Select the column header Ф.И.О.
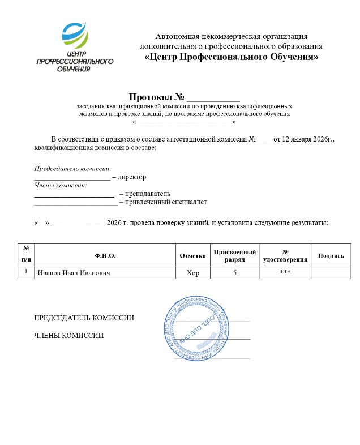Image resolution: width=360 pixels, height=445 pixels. [105, 256]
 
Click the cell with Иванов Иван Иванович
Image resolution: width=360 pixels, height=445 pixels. [74, 273]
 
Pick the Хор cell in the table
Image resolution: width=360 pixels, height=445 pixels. [193, 273]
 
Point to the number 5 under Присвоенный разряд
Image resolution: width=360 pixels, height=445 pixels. [234, 273]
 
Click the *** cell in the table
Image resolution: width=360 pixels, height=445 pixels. [285, 273]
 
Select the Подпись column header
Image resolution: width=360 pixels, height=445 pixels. [331, 256]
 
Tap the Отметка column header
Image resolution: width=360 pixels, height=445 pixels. [192, 256]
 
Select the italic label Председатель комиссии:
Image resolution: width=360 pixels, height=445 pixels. [73, 169]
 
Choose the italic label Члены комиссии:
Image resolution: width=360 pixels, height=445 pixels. [61, 185]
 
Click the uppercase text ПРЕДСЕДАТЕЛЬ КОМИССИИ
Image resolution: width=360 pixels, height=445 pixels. [84, 318]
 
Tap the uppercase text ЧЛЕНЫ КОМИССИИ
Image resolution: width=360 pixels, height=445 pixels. [69, 336]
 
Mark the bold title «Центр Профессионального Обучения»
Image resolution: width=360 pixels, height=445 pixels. [231, 57]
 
